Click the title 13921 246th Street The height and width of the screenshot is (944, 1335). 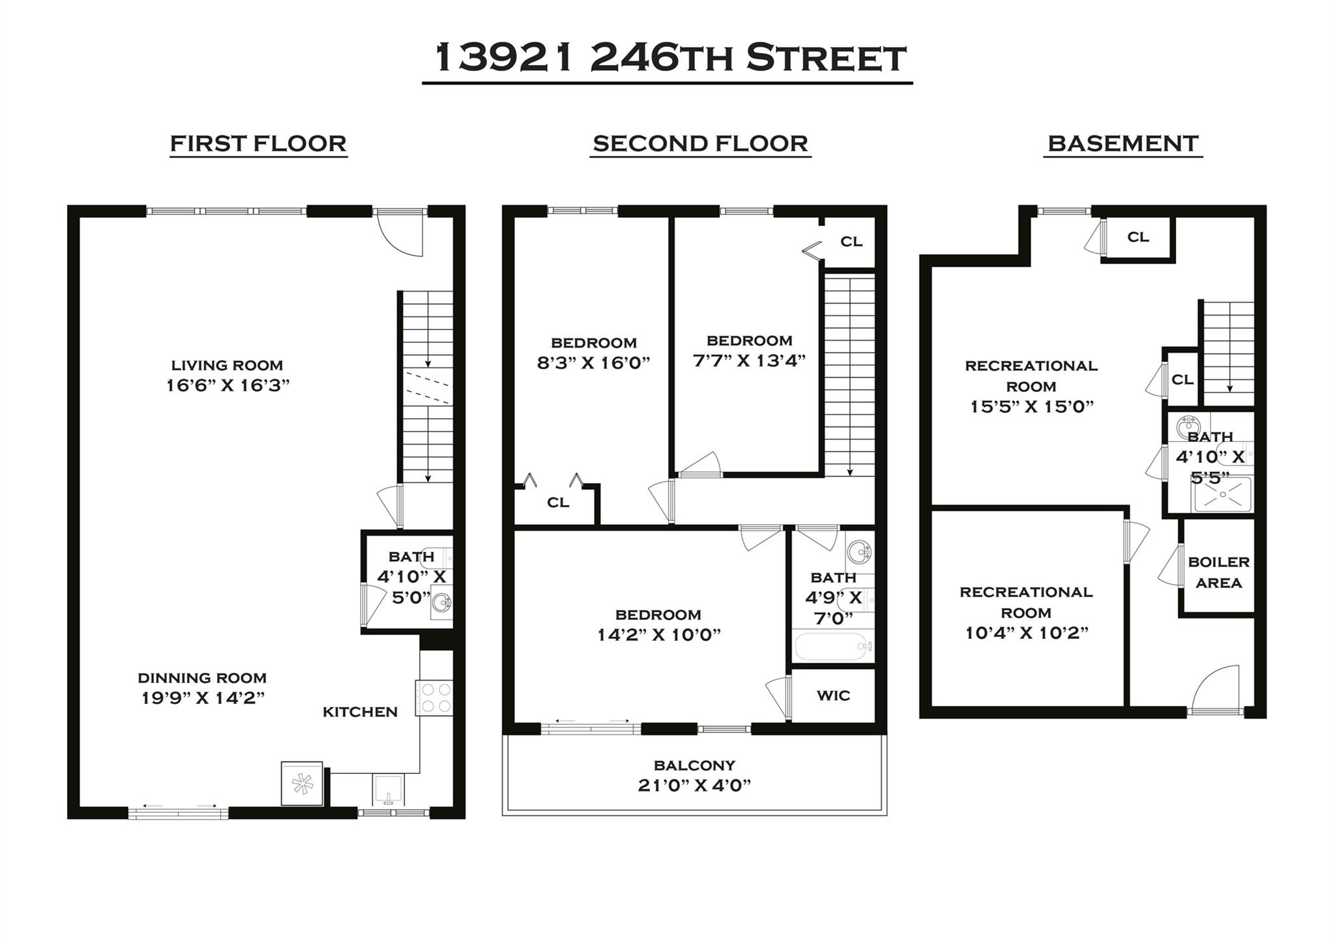click(x=669, y=59)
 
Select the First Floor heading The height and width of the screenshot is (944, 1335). click(x=258, y=143)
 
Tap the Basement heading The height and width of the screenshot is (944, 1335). click(x=1122, y=143)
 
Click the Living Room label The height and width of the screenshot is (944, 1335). click(x=227, y=365)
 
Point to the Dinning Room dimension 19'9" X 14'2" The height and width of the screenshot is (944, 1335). click(x=203, y=698)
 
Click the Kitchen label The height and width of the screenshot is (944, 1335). click(x=360, y=712)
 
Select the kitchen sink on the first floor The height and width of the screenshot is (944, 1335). click(x=389, y=790)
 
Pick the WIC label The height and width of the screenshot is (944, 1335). click(x=833, y=696)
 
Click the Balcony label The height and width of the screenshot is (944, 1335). click(x=694, y=765)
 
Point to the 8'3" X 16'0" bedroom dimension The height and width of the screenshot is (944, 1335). click(x=593, y=363)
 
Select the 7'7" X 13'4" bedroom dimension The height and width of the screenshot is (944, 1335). click(x=749, y=361)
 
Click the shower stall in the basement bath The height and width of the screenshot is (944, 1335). click(x=1222, y=494)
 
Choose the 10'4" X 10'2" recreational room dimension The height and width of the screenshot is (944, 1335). click(x=1027, y=633)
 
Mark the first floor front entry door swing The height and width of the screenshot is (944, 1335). click(x=403, y=235)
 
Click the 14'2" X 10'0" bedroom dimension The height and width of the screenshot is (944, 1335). click(x=658, y=635)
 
